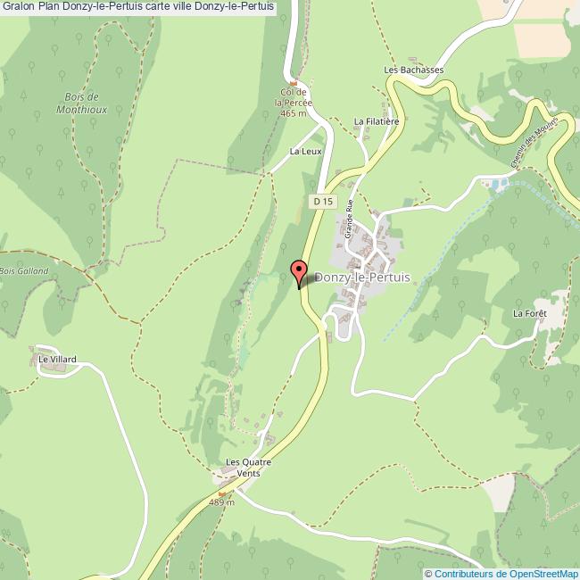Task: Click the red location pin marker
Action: pos(299,271)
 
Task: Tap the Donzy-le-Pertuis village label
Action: pos(362,278)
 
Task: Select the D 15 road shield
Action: pos(323,203)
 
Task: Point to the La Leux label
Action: pos(305,152)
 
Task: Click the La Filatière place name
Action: pos(375,120)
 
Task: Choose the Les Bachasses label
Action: pos(413,70)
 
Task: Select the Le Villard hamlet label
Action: pos(57,360)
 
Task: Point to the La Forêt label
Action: pos(529,313)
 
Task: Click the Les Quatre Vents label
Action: pos(248,468)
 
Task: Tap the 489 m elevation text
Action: pos(220,502)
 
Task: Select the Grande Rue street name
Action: pos(350,217)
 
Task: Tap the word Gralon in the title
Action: pos(18,8)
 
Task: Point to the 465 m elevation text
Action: pos(293,113)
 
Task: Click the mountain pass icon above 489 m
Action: pos(222,493)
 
